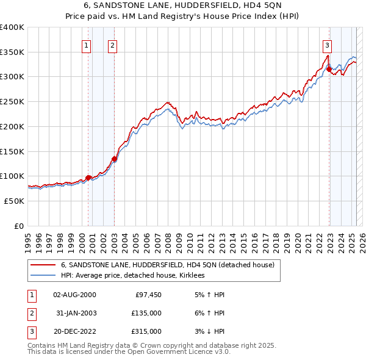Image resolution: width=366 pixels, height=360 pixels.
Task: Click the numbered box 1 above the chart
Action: [x=86, y=45]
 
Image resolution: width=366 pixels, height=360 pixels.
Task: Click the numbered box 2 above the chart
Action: [x=113, y=45]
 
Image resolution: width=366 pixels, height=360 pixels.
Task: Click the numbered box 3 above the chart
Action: [x=327, y=45]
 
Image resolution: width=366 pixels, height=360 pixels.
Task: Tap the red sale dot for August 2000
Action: [x=88, y=178]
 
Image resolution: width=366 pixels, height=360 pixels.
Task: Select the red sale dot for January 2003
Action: [x=114, y=159]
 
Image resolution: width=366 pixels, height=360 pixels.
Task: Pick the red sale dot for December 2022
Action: [x=329, y=70]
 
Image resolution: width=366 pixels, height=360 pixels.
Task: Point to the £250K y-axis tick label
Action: [x=12, y=101]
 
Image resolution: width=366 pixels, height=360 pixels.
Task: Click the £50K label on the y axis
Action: [x=14, y=201]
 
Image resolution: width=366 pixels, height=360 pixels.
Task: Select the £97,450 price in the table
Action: [x=148, y=295]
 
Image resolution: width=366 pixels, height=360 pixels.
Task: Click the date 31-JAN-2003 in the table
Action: [x=74, y=313]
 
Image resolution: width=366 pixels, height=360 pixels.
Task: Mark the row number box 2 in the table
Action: [x=30, y=313]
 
